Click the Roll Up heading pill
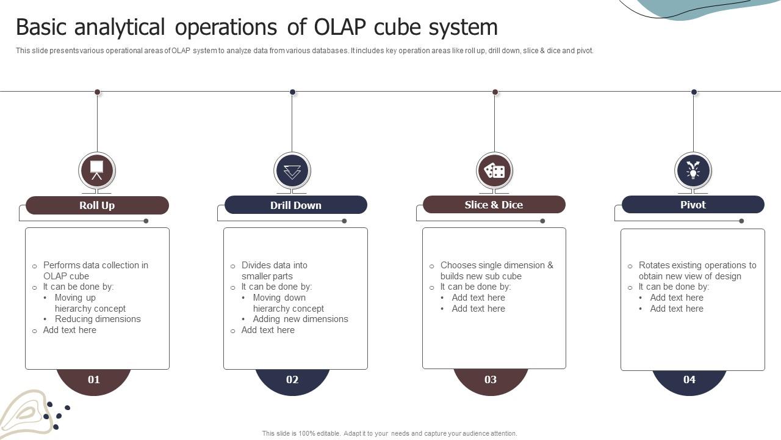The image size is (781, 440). [97, 205]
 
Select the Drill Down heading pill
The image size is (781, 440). [296, 205]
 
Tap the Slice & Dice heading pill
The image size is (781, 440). [494, 205]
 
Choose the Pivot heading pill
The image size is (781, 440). [693, 205]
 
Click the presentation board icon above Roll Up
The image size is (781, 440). [97, 170]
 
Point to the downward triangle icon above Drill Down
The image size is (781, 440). [292, 170]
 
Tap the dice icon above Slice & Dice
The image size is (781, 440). [494, 170]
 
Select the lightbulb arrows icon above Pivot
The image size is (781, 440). [693, 170]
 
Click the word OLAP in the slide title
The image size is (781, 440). [341, 28]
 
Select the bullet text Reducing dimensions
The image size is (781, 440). [98, 319]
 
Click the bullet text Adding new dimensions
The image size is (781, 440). [300, 319]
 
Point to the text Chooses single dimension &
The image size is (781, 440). [497, 265]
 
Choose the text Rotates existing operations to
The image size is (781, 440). [697, 265]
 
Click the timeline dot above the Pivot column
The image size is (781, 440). [694, 92]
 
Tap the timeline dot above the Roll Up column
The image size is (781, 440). [97, 92]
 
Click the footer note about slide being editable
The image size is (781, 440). [389, 433]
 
